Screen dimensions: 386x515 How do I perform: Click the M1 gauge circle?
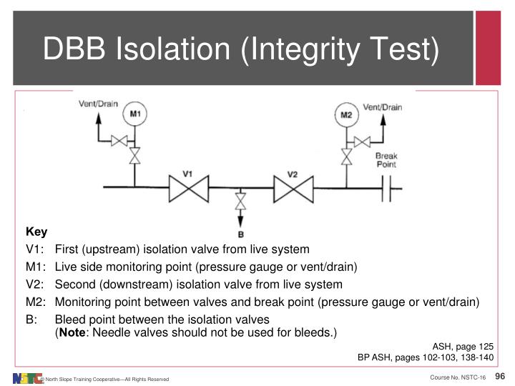point(134,114)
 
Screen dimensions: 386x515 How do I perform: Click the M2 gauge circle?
point(345,114)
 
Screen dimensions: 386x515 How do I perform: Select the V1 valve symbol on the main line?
point(187,189)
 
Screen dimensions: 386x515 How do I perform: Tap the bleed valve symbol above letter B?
point(240,202)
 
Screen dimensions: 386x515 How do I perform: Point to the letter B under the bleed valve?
point(240,234)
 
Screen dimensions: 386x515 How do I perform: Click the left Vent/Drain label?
point(98,104)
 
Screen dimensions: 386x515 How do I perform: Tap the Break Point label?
point(386,159)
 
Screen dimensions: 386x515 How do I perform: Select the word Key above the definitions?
point(36,232)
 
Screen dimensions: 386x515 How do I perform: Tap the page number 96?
point(500,377)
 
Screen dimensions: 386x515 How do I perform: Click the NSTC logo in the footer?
point(27,377)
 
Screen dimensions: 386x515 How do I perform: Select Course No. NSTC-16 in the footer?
point(458,377)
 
